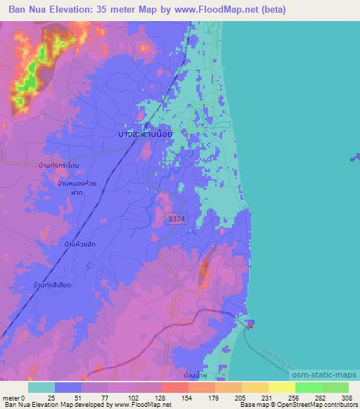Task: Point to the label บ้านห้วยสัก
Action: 79,243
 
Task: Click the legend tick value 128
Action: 160,398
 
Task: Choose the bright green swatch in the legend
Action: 308,387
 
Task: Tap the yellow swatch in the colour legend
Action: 281,387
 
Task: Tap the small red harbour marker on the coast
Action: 251,323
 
